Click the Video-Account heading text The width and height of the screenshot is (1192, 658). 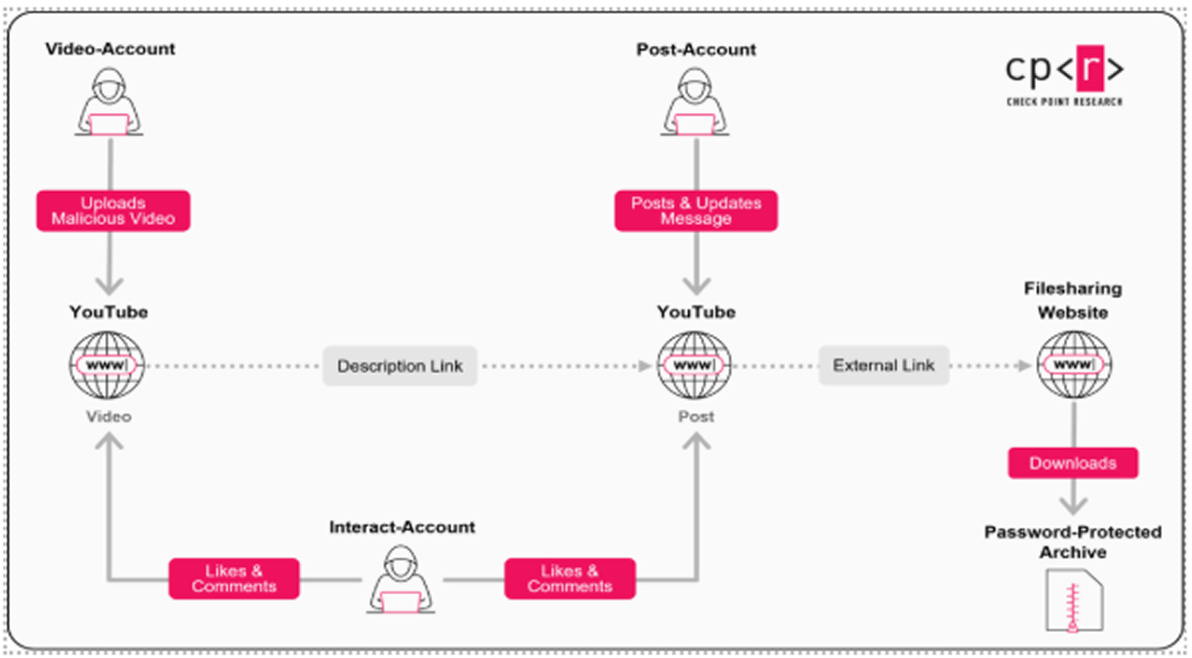tap(110, 49)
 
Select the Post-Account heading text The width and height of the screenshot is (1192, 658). tap(695, 50)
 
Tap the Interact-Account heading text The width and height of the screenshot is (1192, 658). tap(402, 527)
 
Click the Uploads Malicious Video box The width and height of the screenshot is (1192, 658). tap(113, 211)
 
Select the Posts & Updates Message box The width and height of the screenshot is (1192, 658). tap(696, 211)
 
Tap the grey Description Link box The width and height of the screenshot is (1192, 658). tap(400, 366)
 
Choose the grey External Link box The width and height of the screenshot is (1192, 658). tap(883, 365)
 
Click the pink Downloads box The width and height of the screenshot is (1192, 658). tap(1073, 463)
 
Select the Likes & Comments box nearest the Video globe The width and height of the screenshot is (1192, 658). tap(234, 579)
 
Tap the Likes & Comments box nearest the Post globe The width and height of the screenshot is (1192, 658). tap(569, 579)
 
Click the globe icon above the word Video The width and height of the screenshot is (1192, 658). tap(107, 365)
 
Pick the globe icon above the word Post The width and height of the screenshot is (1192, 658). tap(694, 365)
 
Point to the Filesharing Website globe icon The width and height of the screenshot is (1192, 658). tap(1074, 365)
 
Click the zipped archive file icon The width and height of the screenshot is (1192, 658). tap(1074, 601)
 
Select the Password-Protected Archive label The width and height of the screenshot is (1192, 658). tap(1073, 542)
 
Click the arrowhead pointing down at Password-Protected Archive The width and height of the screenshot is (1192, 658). tap(1073, 506)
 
